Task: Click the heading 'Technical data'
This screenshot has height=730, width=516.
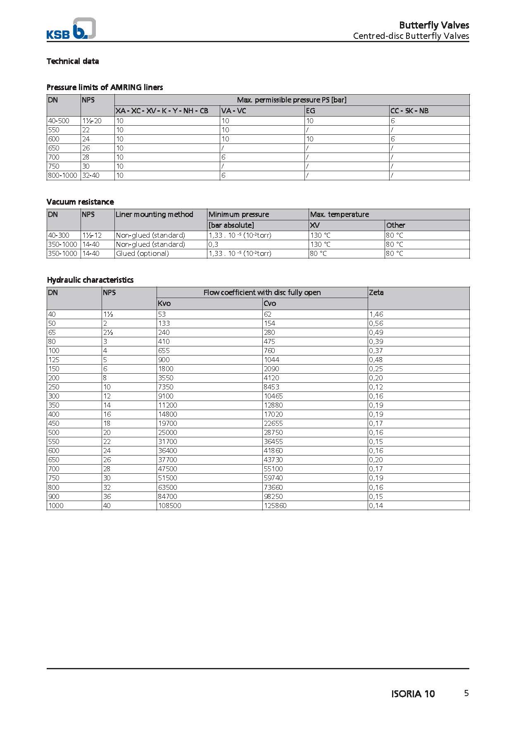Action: click(73, 61)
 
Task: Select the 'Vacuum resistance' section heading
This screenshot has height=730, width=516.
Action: click(80, 202)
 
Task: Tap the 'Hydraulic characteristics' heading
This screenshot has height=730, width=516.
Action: click(90, 280)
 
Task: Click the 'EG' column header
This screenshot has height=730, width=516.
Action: click(310, 111)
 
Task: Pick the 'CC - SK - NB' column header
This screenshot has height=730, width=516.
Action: click(409, 111)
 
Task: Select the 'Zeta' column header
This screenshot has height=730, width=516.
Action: click(376, 293)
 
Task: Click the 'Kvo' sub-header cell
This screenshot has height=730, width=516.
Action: click(164, 303)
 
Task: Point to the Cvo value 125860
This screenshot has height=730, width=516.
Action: click(275, 506)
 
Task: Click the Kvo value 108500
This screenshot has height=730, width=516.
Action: click(170, 506)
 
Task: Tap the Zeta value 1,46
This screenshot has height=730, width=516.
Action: click(376, 314)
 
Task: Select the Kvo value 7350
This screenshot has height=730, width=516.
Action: click(166, 387)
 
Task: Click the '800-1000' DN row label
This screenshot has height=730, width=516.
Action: click(63, 175)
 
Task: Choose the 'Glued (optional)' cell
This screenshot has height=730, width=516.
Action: click(143, 253)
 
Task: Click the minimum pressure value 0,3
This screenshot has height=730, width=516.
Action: click(214, 244)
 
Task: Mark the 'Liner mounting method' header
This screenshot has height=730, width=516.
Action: click(155, 215)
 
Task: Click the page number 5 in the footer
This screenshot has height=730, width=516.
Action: click(466, 693)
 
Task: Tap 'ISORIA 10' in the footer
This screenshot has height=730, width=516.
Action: click(413, 694)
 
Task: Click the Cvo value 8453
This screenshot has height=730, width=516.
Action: click(271, 387)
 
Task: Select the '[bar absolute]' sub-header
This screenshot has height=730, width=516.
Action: click(231, 225)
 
